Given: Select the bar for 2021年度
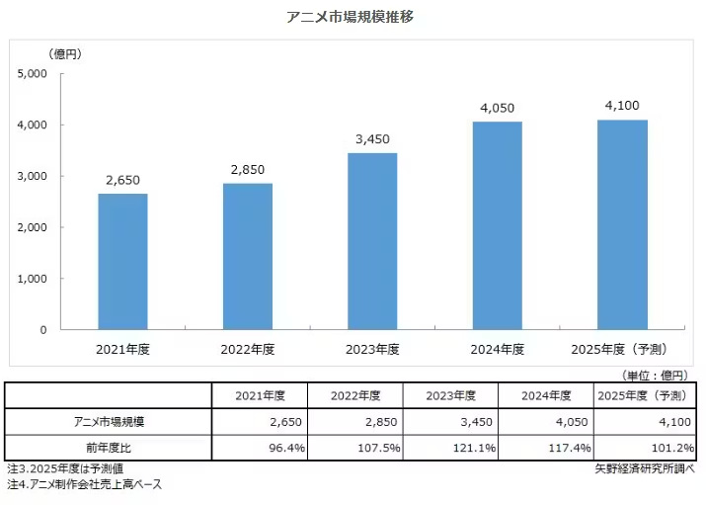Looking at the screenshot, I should (122, 262).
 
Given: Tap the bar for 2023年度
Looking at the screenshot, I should (372, 241).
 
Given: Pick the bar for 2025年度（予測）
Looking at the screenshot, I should (622, 224).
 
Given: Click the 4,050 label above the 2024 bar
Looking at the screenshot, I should (497, 107).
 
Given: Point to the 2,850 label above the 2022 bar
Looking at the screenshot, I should (247, 169).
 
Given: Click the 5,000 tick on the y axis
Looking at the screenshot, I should (34, 74).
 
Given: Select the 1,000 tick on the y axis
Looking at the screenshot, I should (34, 279).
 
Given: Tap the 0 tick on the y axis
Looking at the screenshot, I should (43, 330).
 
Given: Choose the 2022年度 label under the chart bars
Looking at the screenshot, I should (247, 350).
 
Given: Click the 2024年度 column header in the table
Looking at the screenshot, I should (545, 395).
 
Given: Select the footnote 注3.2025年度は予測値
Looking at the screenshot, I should (66, 467).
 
